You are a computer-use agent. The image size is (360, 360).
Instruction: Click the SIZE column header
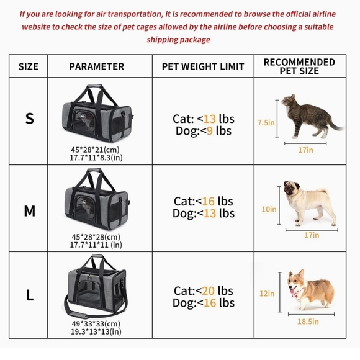(x=28, y=66)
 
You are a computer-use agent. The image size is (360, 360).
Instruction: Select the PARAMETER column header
(x=96, y=66)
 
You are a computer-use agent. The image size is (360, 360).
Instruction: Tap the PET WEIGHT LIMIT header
(x=203, y=66)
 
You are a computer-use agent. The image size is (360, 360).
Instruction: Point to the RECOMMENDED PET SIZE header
(x=299, y=66)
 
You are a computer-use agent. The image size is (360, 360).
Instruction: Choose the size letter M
(x=29, y=211)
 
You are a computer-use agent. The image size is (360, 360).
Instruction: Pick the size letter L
(x=29, y=295)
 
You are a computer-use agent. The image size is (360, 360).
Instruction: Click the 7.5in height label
(x=266, y=123)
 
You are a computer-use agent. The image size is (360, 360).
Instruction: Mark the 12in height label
(x=268, y=293)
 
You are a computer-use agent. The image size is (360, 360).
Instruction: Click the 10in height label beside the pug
(x=268, y=209)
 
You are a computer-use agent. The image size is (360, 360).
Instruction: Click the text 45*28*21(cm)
(x=96, y=150)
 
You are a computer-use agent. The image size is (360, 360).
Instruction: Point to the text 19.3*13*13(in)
(x=96, y=332)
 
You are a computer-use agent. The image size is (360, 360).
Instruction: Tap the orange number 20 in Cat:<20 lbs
(x=209, y=290)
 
